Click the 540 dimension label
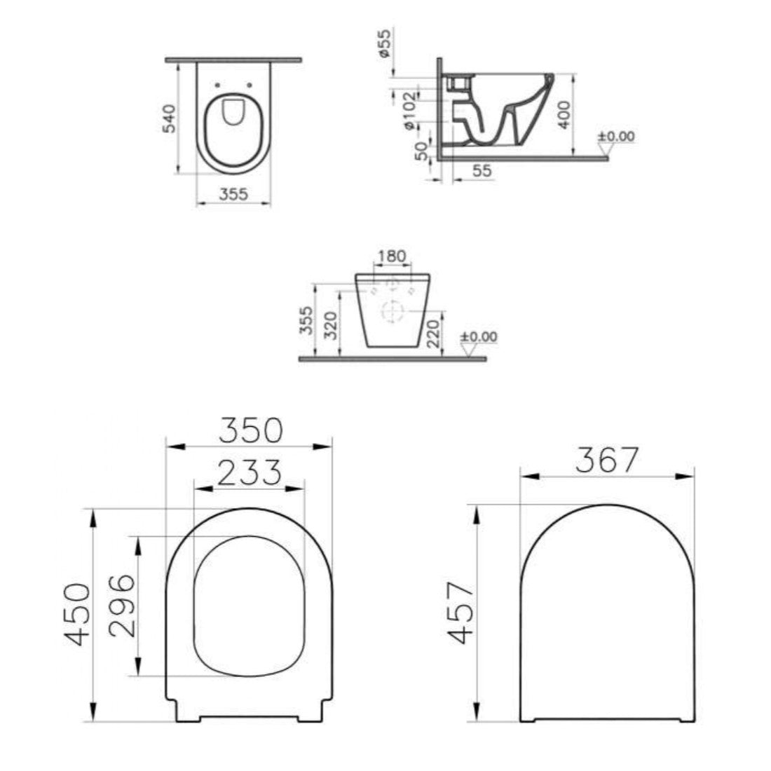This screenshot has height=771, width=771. [x=169, y=118]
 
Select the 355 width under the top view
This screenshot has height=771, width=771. [x=233, y=194]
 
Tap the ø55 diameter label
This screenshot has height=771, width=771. [x=385, y=43]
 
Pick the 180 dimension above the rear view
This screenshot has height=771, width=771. [x=392, y=256]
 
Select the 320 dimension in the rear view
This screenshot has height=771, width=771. [x=331, y=325]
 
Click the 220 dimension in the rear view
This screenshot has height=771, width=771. [x=433, y=334]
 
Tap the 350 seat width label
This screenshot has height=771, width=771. [x=251, y=430]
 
